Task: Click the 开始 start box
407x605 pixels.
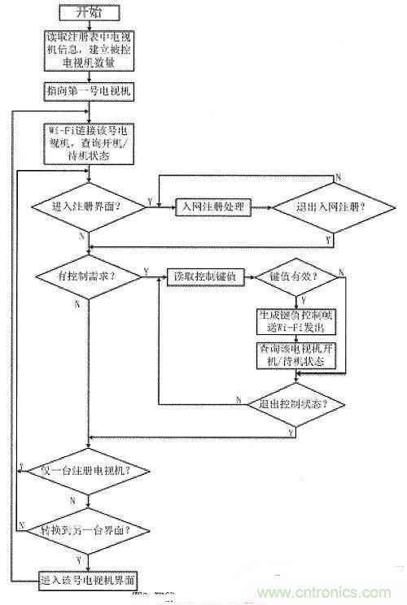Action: tap(89, 14)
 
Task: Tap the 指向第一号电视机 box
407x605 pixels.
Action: tap(89, 91)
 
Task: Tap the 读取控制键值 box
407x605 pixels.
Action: tap(199, 276)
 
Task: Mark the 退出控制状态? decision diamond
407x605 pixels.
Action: tap(293, 403)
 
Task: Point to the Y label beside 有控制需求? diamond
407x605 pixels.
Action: tap(147, 269)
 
